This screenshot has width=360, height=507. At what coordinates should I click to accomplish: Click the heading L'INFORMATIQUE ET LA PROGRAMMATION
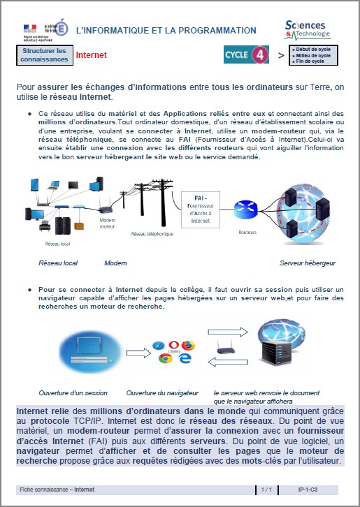166,31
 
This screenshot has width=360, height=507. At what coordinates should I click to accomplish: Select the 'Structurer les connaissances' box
44,55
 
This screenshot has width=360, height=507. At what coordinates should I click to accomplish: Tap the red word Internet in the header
91,55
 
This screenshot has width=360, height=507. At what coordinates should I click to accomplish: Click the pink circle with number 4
259,54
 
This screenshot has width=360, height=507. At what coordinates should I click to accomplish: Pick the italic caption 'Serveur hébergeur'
308,263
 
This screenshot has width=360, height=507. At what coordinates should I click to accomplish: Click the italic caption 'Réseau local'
58,263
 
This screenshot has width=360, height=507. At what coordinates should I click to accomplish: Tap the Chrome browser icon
165,358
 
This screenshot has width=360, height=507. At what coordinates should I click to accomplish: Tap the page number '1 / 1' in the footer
266,490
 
